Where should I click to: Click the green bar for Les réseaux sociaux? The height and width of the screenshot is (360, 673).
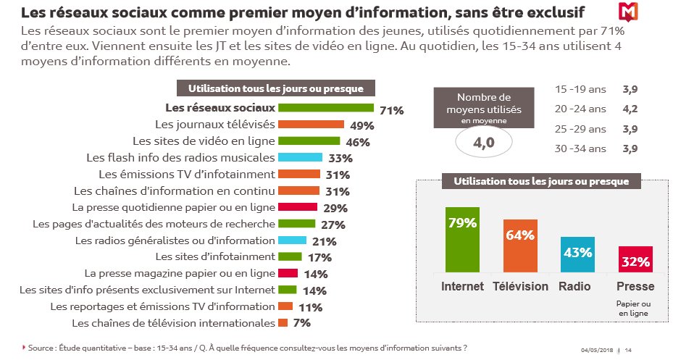tap(325, 108)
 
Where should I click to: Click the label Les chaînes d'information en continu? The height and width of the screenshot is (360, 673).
tap(174, 191)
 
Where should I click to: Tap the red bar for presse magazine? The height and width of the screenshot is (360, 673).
tap(288, 273)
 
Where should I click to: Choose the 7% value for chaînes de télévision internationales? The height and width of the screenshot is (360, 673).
tap(302, 323)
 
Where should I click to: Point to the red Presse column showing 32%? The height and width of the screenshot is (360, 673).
tap(635, 259)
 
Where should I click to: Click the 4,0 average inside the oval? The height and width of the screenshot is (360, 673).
tap(483, 143)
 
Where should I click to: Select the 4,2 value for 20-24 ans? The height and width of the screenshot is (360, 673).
tap(630, 109)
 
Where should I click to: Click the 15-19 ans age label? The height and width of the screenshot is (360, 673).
tap(580, 90)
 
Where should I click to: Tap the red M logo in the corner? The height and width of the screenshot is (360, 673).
tap(627, 12)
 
